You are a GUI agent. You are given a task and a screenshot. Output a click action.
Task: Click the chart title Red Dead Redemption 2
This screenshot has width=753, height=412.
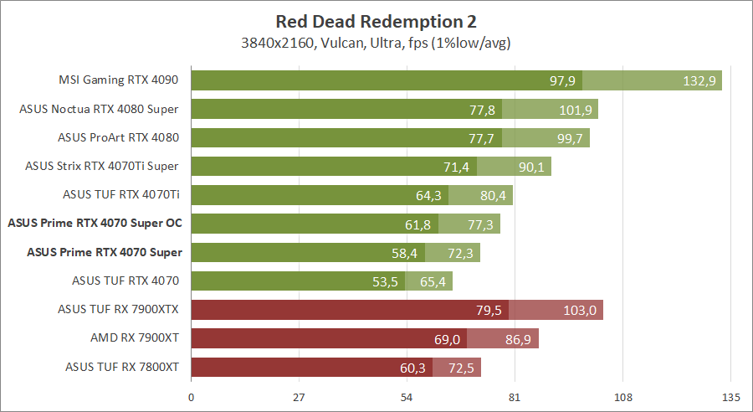point(376,20)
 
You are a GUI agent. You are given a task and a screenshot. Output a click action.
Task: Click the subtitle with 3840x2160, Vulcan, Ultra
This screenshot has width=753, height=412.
point(376,42)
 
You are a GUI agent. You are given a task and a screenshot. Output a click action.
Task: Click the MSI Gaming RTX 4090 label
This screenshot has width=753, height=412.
point(119,81)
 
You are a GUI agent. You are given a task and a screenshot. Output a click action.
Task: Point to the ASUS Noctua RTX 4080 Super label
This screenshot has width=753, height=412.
point(104,109)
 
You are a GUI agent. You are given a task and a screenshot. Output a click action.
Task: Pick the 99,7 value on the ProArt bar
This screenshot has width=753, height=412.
point(569,138)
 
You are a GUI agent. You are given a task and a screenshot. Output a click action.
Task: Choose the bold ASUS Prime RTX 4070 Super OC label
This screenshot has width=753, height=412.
point(95,224)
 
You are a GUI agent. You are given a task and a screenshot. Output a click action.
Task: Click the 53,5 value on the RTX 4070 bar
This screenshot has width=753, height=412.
point(387,281)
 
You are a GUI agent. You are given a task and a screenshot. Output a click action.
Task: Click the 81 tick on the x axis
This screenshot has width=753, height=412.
point(515,397)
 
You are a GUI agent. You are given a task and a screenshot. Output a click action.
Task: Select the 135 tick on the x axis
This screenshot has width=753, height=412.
point(730,397)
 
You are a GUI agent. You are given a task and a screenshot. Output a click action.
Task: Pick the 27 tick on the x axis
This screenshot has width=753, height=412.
point(300,397)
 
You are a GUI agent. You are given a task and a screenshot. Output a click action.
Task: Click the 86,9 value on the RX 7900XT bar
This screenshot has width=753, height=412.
point(518,339)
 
